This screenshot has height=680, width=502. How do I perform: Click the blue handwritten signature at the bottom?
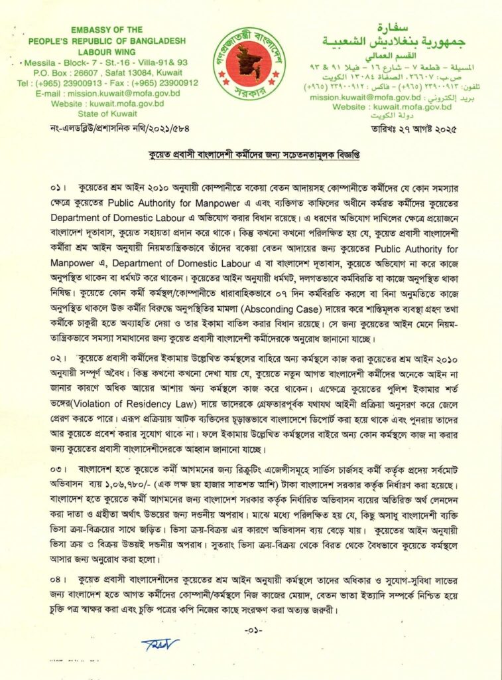(160, 644)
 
